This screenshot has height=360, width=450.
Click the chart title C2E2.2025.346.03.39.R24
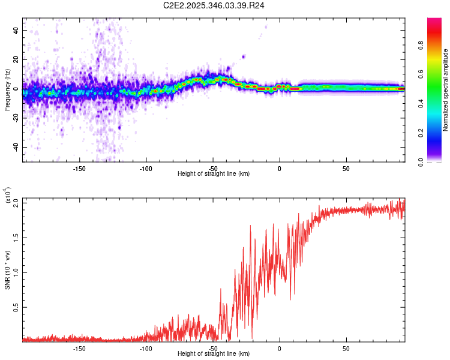[214, 5]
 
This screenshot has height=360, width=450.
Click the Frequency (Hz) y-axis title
[8, 91]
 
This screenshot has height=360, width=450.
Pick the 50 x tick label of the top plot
[346, 168]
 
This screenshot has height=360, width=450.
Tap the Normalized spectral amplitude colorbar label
[445, 90]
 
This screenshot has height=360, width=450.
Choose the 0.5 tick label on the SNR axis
[17, 307]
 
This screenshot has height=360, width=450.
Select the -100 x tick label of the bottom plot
[146, 348]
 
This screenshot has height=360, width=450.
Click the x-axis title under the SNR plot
[214, 353]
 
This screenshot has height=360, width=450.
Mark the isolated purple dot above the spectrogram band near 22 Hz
[244, 57]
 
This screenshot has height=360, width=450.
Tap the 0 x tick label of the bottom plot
[280, 348]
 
